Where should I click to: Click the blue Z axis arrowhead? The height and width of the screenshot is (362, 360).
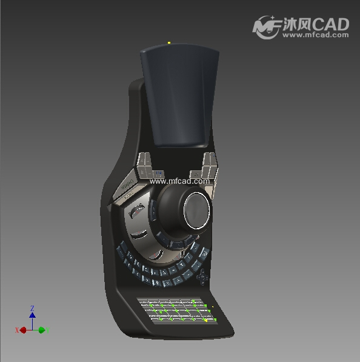(x=32, y=315)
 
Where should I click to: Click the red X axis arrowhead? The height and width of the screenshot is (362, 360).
(x=23, y=330)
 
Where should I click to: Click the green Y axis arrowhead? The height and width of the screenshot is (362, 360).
(x=42, y=330)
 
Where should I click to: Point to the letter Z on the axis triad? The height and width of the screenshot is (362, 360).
(x=32, y=308)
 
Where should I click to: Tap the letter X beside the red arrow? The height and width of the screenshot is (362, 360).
(x=17, y=330)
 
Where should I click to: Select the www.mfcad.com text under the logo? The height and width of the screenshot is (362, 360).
(x=316, y=35)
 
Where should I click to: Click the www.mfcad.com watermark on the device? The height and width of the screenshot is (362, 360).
(x=179, y=181)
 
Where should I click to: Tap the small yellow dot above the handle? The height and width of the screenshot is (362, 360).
(x=169, y=42)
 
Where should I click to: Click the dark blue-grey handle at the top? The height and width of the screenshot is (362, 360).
(x=179, y=94)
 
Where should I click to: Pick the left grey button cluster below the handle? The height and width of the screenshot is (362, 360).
(x=145, y=166)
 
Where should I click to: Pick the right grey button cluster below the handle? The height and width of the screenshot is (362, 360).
(x=209, y=165)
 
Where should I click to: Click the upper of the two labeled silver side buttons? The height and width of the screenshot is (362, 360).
(x=127, y=183)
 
